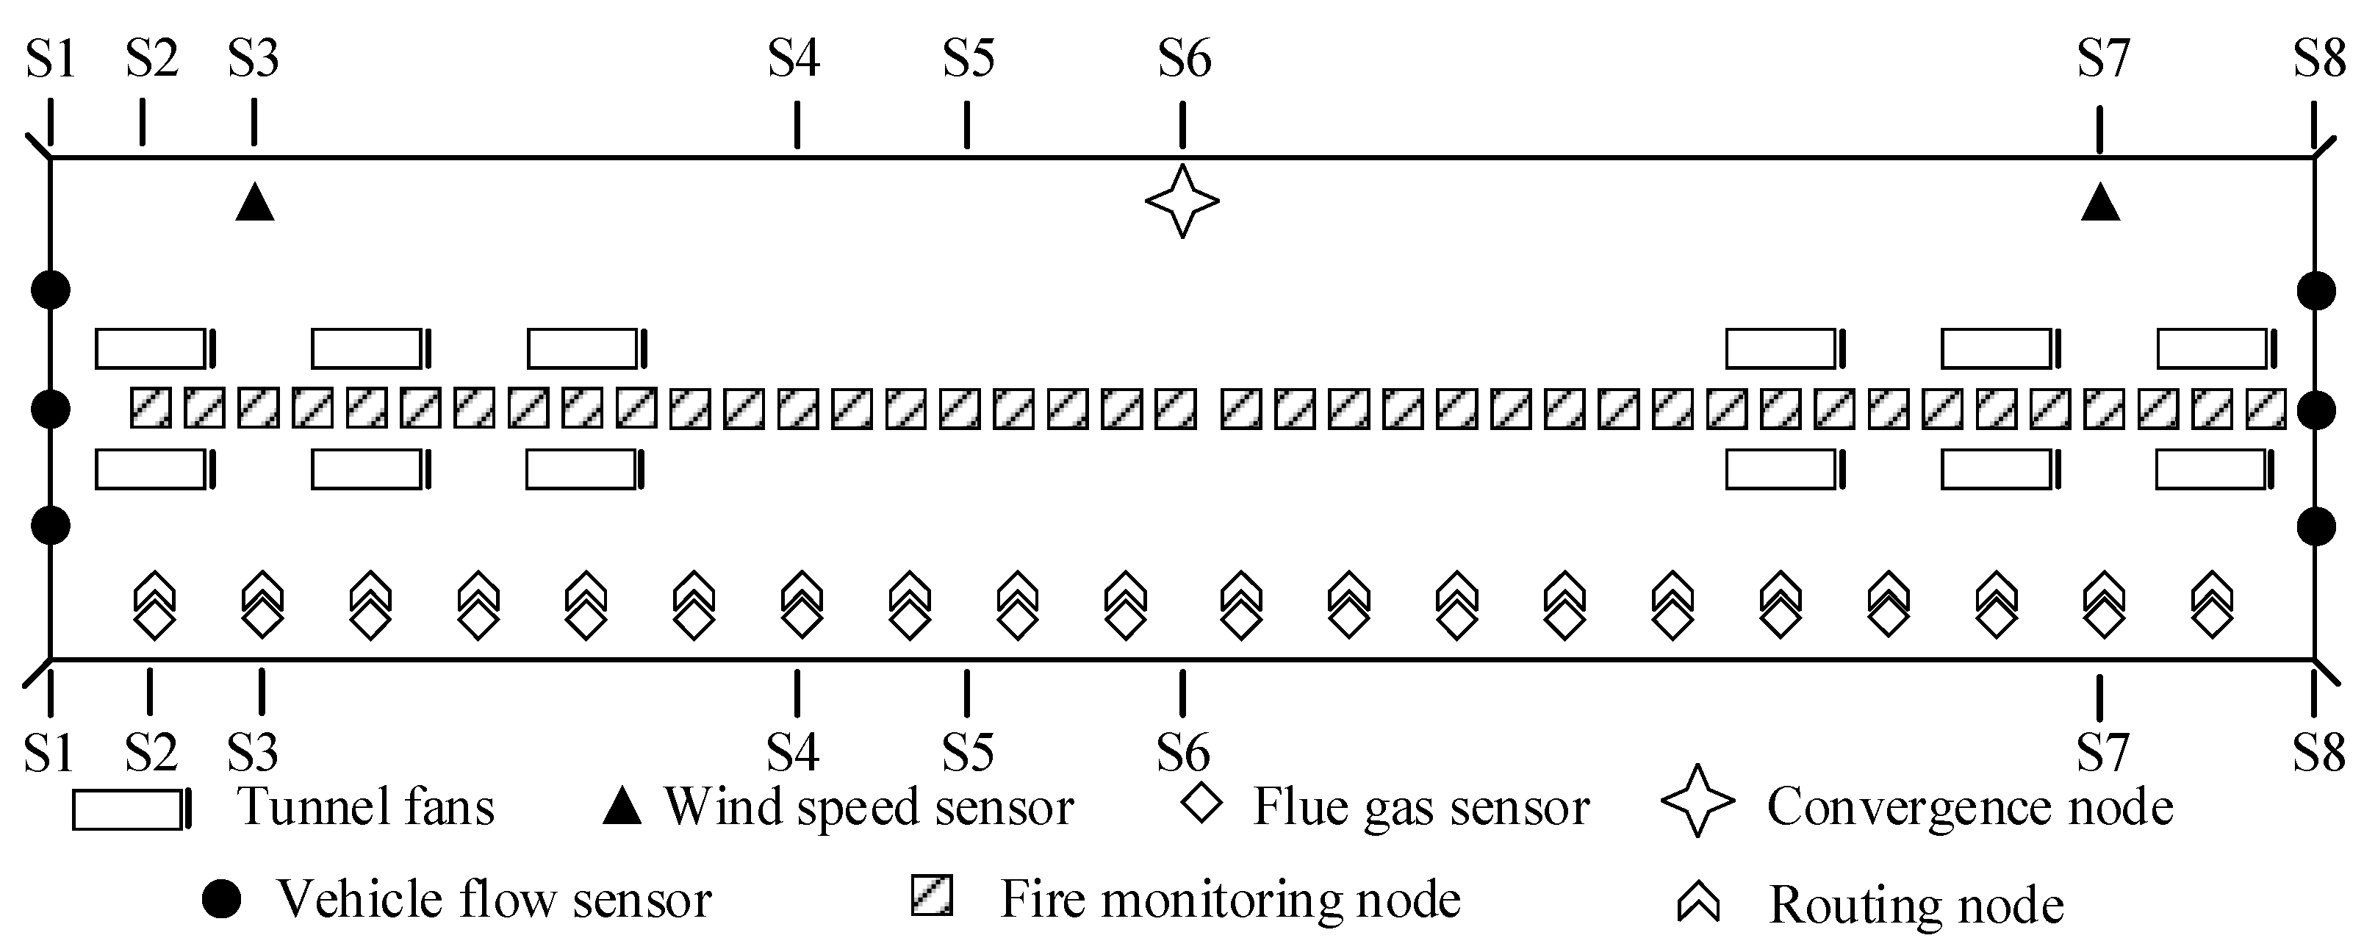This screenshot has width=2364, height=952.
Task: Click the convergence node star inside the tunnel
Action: pos(1182,201)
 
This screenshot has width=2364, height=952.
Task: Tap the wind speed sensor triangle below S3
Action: pos(255,204)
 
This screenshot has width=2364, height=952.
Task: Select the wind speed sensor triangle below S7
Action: pos(2099,204)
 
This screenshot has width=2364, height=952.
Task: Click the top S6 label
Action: pos(1184,60)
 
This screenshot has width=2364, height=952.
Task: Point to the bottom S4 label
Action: pos(793,753)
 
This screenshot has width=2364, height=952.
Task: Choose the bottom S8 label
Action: pos(2319,753)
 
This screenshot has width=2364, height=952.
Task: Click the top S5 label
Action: pos(969,60)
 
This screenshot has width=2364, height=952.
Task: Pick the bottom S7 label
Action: pos(2102,753)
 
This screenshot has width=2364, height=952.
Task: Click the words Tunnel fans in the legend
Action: pos(366,807)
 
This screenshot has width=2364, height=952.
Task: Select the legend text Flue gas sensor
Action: pos(1420,808)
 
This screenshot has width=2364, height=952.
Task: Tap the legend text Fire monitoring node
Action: pos(1229,899)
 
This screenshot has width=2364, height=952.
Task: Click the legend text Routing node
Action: pos(1916,905)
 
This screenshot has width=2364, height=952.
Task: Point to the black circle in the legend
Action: pos(221,899)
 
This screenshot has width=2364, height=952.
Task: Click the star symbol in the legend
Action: pos(1697,801)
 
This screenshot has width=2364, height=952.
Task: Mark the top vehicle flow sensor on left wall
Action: pos(51,290)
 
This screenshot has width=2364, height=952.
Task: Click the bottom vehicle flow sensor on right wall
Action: pos(2316,527)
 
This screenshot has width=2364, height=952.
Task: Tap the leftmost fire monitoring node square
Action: pos(151,409)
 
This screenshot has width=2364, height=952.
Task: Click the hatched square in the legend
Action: pos(932,895)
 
